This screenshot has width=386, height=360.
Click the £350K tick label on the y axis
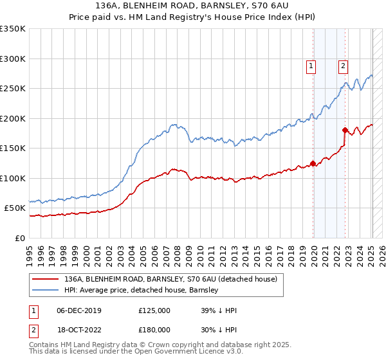click(x=13, y=29)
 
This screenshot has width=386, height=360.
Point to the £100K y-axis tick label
click(x=13, y=178)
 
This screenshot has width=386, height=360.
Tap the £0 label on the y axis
click(x=20, y=238)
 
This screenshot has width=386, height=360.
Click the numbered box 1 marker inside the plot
click(x=311, y=65)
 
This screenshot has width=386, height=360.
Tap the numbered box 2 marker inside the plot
click(x=343, y=65)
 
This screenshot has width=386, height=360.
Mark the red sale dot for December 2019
click(x=313, y=163)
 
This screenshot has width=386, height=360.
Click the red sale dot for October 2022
click(x=345, y=130)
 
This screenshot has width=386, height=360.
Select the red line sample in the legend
click(x=45, y=279)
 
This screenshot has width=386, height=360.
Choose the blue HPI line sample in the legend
click(x=45, y=290)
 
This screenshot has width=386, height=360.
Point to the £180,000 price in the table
click(x=154, y=329)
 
